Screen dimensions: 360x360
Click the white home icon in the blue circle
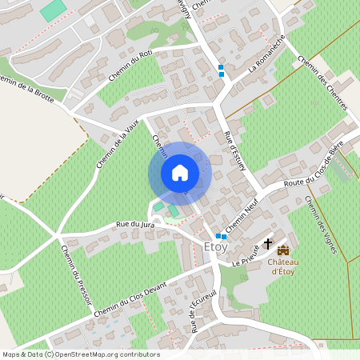coord(180,173)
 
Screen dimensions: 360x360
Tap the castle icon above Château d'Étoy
coord(283,250)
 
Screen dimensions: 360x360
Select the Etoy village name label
coord(216,246)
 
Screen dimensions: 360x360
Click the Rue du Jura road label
coord(134,226)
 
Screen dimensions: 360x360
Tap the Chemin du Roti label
coord(130,67)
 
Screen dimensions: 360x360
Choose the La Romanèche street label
coord(266,59)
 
